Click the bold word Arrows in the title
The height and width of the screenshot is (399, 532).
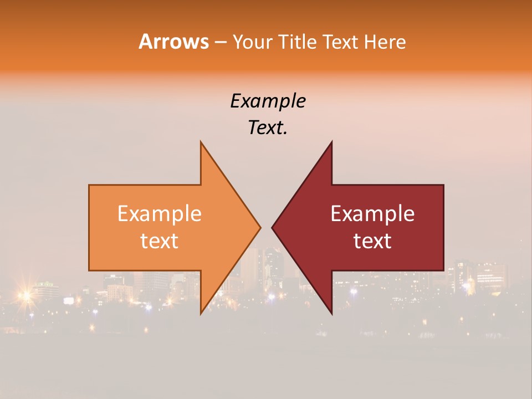173,42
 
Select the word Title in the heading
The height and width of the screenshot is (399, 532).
298,42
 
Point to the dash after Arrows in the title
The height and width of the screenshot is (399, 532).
220,43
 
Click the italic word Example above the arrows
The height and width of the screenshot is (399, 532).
268,101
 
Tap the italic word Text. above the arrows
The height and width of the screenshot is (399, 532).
268,128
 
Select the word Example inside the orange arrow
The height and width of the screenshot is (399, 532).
159,214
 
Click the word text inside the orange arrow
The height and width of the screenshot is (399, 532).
159,241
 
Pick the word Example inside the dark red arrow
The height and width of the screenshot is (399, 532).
372,214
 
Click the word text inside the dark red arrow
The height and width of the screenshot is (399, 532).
372,241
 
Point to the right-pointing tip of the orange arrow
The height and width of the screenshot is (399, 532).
260,227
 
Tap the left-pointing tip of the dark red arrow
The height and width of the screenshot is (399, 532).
273,227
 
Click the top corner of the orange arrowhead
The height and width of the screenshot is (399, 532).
201,142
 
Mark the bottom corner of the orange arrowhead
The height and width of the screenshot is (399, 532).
201,314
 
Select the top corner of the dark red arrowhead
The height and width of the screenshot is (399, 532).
331,142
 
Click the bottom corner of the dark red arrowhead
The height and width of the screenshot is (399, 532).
331,314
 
